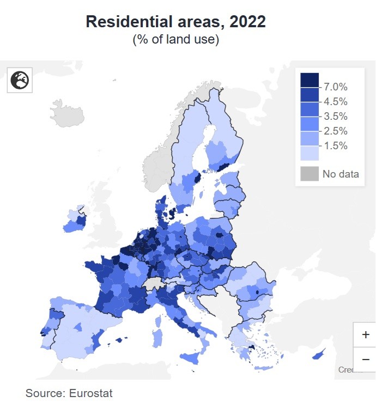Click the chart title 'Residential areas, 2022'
pyautogui.click(x=175, y=22)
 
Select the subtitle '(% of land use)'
pyautogui.click(x=175, y=40)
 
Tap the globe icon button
pyautogui.click(x=20, y=81)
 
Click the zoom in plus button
pyautogui.click(x=365, y=334)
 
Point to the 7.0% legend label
pyautogui.click(x=335, y=87)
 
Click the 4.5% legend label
pyautogui.click(x=335, y=101)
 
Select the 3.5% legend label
pyautogui.click(x=335, y=116)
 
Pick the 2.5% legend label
pyautogui.click(x=335, y=131)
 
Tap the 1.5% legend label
pyautogui.click(x=335, y=145)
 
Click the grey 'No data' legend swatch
pyautogui.click(x=309, y=174)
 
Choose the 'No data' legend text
pyautogui.click(x=341, y=174)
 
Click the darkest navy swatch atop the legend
pyautogui.click(x=309, y=80)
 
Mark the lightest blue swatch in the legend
pyautogui.click(x=309, y=153)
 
